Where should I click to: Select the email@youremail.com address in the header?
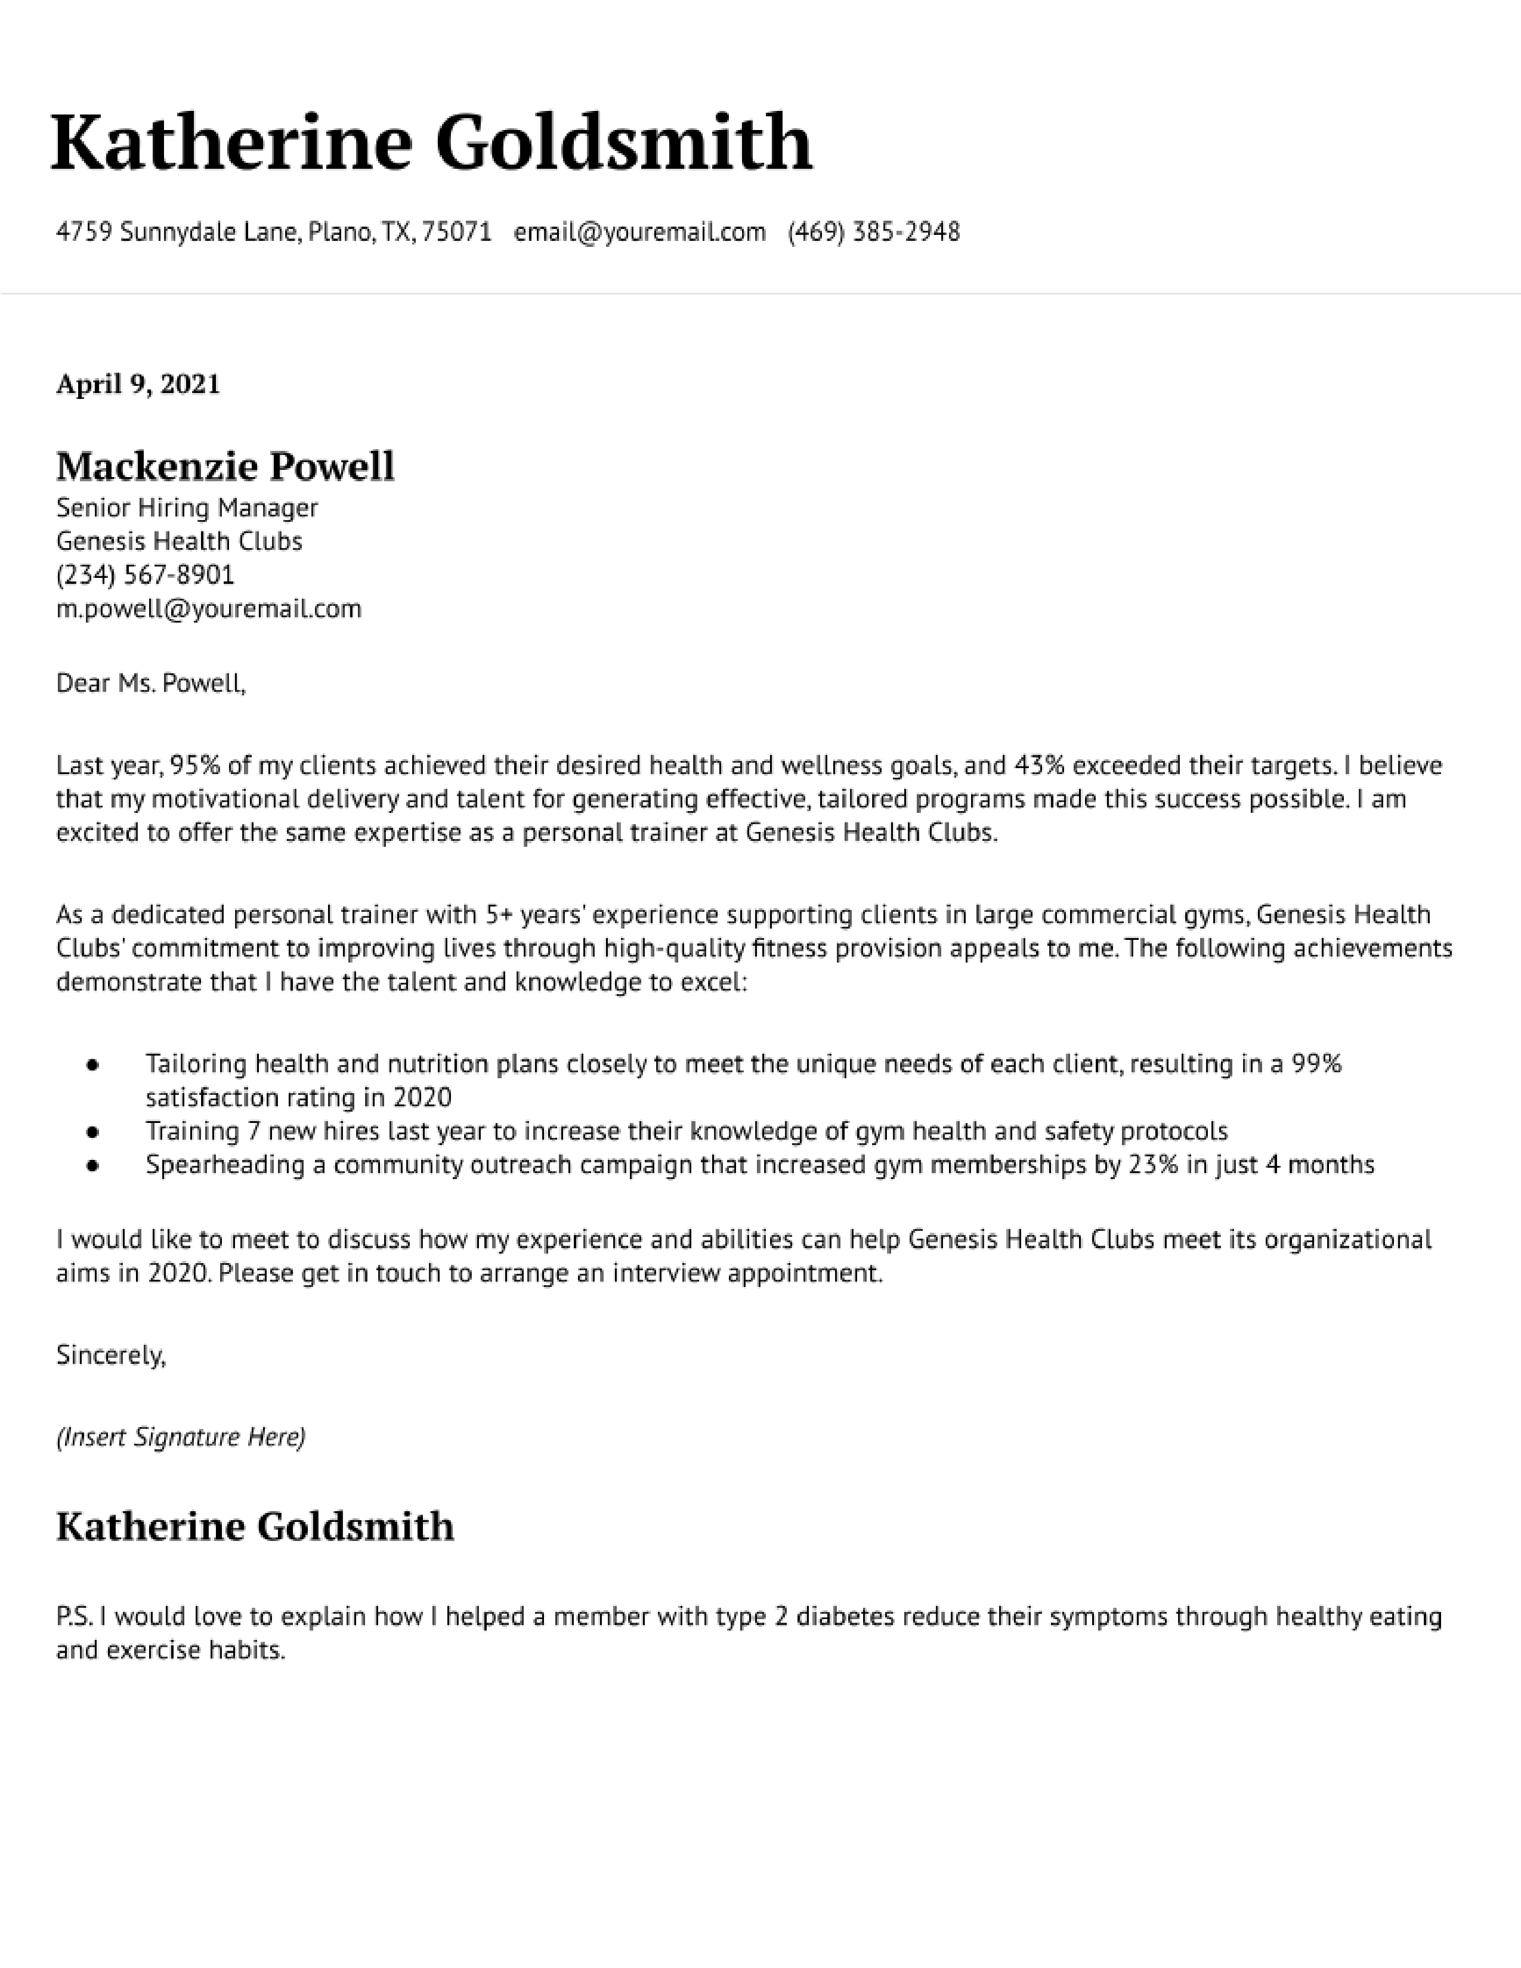pyautogui.click(x=640, y=233)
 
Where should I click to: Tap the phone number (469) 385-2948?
pyautogui.click(x=873, y=233)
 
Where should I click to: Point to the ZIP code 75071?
pyautogui.click(x=457, y=233)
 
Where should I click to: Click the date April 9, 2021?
pyautogui.click(x=138, y=384)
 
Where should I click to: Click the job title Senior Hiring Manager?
pyautogui.click(x=187, y=508)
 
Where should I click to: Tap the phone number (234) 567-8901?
pyautogui.click(x=145, y=575)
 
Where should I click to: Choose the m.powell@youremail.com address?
pyautogui.click(x=209, y=609)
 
